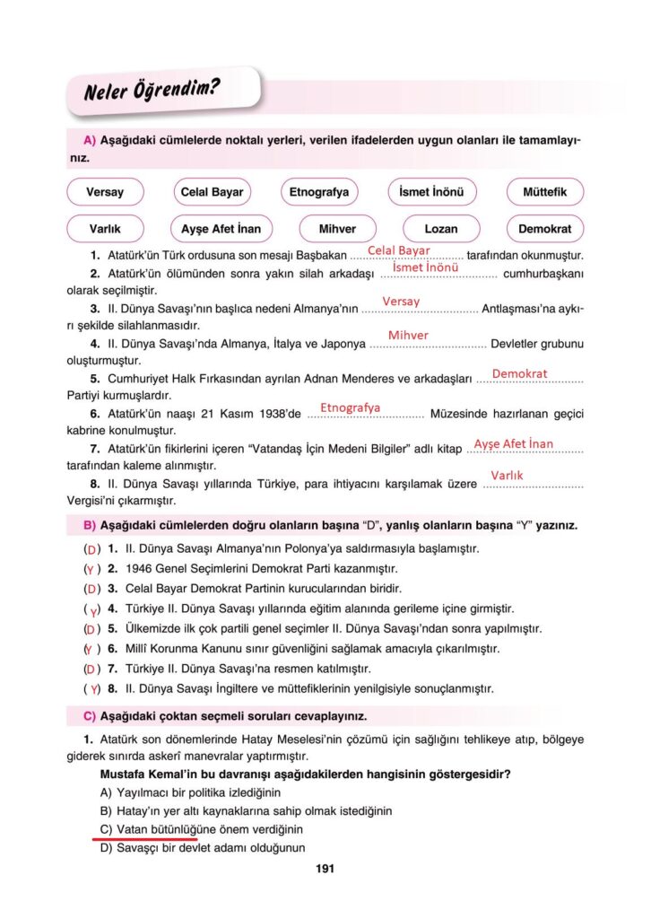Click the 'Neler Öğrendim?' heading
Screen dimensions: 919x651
coord(152,91)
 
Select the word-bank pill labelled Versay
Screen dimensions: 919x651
coord(105,192)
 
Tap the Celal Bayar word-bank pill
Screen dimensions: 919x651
coord(212,192)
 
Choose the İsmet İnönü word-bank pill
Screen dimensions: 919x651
coord(432,192)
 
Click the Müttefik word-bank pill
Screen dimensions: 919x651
coord(545,192)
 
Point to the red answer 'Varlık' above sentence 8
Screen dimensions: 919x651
coord(507,475)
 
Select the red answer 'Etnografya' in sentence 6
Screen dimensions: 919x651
coord(350,407)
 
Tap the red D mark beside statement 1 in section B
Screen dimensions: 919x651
coord(91,548)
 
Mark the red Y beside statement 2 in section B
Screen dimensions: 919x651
coord(91,569)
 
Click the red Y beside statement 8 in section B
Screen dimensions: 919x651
coord(92,689)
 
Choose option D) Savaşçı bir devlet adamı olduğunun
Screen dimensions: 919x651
coord(203,846)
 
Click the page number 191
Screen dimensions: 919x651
coord(325,869)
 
